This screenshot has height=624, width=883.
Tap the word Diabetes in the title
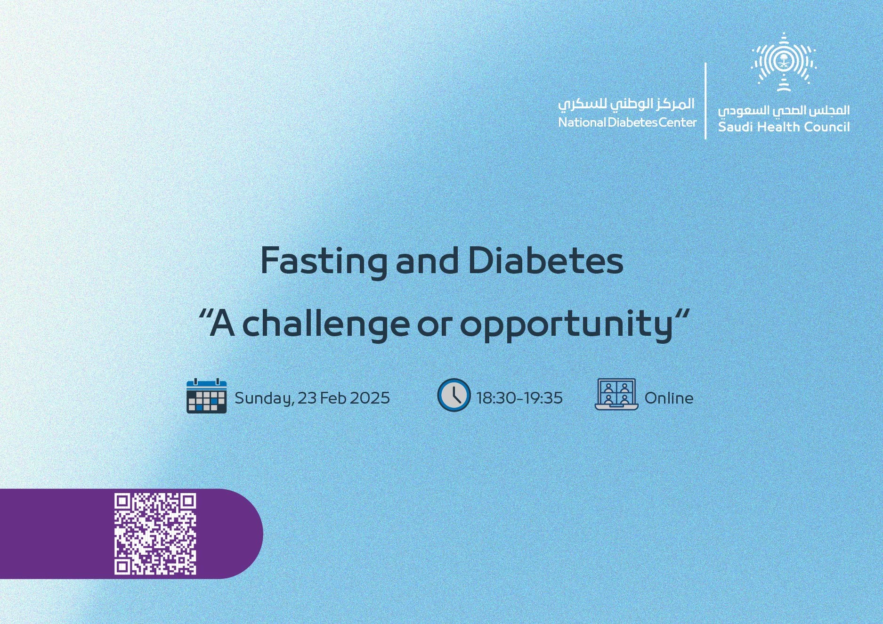546,260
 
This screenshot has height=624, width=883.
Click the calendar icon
206,396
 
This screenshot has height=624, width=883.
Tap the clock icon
454,395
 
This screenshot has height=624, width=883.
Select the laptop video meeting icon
616,394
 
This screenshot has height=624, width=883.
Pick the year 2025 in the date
370,398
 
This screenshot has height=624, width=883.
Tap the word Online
669,398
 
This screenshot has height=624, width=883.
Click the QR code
155,534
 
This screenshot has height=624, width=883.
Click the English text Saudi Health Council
784,127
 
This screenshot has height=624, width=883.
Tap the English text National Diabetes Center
627,122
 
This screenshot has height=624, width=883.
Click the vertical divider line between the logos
705,101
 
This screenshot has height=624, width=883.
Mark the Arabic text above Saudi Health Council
784,111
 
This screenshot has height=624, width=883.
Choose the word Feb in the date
333,398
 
